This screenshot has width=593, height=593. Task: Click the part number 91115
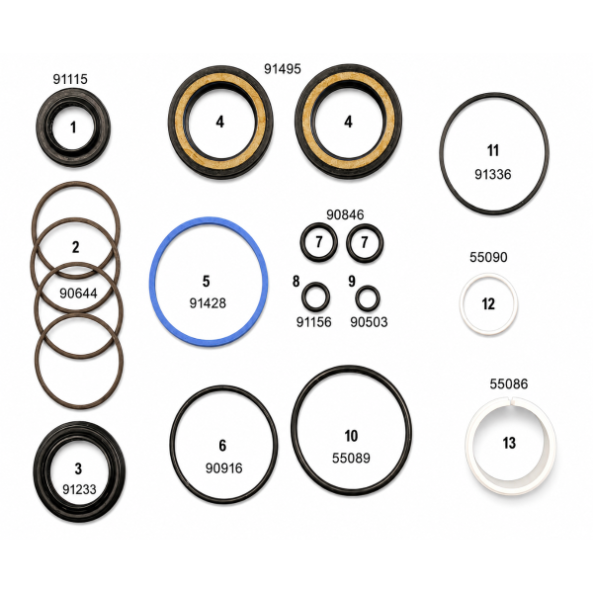click(x=70, y=79)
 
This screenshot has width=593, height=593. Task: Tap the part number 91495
click(x=283, y=69)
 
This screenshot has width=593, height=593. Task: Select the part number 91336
click(x=493, y=174)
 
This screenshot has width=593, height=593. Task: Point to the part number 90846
click(x=345, y=214)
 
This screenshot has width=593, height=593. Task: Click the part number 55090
click(x=488, y=257)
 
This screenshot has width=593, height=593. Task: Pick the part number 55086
click(x=509, y=383)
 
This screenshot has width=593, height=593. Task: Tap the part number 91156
click(x=314, y=322)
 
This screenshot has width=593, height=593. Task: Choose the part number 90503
click(x=369, y=322)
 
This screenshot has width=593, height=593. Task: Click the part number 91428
click(x=208, y=303)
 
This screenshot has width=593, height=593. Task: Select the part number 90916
click(x=224, y=468)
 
